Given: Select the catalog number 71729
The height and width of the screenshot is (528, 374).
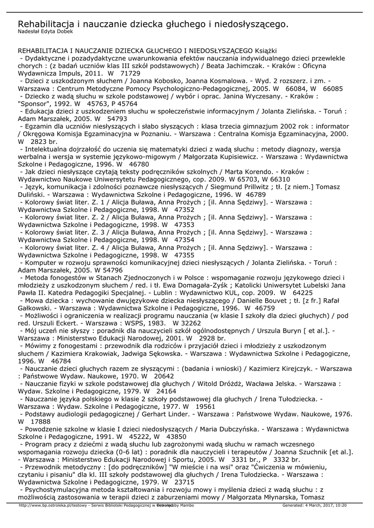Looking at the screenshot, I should pyautogui.click(x=131, y=74).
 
